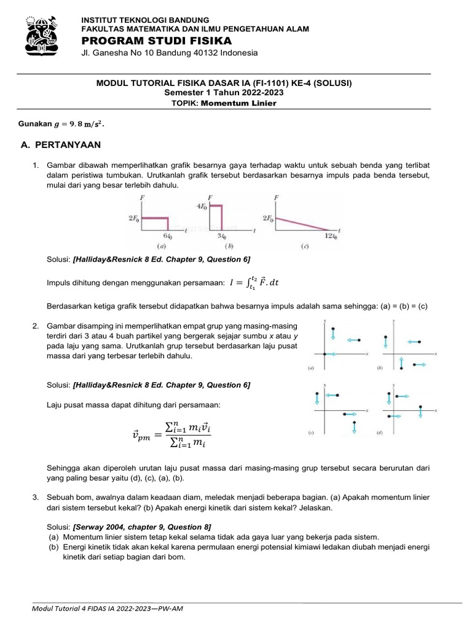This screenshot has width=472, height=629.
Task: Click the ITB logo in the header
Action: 41,34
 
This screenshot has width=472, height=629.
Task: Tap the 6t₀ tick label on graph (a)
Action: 167,236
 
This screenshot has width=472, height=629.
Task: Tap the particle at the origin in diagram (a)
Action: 324,354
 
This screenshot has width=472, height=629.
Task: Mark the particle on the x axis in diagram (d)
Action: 420,407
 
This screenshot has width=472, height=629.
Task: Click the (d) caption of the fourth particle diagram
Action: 380,432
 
